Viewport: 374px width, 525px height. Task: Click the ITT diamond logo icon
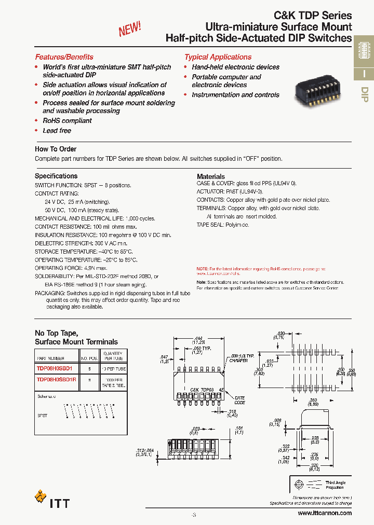click(x=41, y=496)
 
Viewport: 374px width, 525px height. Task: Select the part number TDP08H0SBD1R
click(x=57, y=379)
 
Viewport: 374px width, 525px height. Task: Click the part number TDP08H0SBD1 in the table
click(x=55, y=368)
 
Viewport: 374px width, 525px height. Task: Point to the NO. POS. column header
click(x=89, y=358)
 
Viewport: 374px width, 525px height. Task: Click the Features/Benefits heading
click(x=64, y=57)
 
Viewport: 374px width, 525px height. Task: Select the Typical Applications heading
click(x=218, y=57)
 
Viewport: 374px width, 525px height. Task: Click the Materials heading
click(x=211, y=176)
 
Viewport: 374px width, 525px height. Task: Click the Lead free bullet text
click(x=57, y=131)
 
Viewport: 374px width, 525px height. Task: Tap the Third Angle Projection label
click(x=336, y=485)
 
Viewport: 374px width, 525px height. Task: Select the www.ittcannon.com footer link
click(x=325, y=513)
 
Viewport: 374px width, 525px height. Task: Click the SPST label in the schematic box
click(x=43, y=416)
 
